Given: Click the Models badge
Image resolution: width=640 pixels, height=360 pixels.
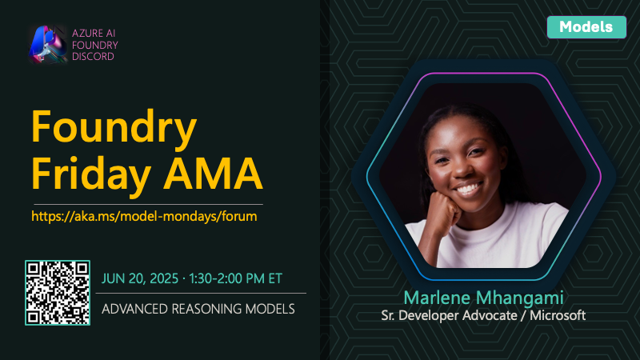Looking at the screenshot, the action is pyautogui.click(x=586, y=27).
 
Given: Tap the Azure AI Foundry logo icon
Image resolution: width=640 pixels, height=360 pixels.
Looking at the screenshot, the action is pyautogui.click(x=48, y=45).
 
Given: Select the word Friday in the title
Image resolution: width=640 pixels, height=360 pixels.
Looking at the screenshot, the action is pyautogui.click(x=91, y=174).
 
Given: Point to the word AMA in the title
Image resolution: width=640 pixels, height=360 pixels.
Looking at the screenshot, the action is pyautogui.click(x=213, y=174).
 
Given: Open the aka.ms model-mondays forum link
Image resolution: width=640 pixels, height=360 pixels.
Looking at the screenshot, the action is pyautogui.click(x=144, y=216).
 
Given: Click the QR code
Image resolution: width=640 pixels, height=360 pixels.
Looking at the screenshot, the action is pyautogui.click(x=58, y=293).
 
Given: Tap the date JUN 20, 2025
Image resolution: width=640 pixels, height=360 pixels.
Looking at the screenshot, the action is pyautogui.click(x=140, y=278).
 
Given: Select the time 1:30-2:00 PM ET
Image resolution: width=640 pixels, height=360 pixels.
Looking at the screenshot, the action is pyautogui.click(x=235, y=278).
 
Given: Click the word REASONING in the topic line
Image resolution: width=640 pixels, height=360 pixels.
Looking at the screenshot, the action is pyautogui.click(x=206, y=309).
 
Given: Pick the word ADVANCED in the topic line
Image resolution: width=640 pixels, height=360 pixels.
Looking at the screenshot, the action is pyautogui.click(x=134, y=309).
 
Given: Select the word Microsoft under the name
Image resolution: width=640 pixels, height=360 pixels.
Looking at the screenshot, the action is pyautogui.click(x=558, y=315).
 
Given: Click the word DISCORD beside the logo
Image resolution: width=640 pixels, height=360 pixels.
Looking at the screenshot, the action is pyautogui.click(x=93, y=56).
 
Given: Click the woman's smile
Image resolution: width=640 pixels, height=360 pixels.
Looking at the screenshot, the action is pyautogui.click(x=467, y=189).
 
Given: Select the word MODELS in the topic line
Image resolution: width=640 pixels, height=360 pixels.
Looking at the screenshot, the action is pyautogui.click(x=270, y=309).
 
